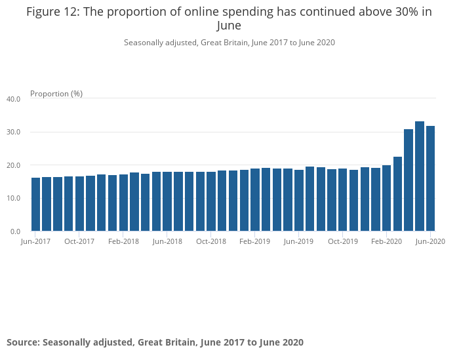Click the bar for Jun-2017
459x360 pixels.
pyautogui.click(x=36, y=204)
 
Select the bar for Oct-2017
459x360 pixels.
pyautogui.click(x=79, y=203)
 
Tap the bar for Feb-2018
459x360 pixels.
pyautogui.click(x=123, y=203)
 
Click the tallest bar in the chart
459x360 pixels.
pyautogui.click(x=420, y=176)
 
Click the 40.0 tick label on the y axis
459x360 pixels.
pyautogui.click(x=14, y=99)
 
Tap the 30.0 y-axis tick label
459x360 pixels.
pyautogui.click(x=14, y=132)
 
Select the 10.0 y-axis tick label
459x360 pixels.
pyautogui.click(x=14, y=199)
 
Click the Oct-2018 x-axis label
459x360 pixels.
pyautogui.click(x=211, y=242)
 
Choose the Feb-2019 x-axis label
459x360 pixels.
pyautogui.click(x=255, y=242)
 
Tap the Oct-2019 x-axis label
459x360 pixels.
pyautogui.click(x=343, y=242)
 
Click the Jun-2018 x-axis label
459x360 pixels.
pyautogui.click(x=167, y=242)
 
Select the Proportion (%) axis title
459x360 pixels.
pyautogui.click(x=56, y=94)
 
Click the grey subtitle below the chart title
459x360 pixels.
pyautogui.click(x=229, y=43)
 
